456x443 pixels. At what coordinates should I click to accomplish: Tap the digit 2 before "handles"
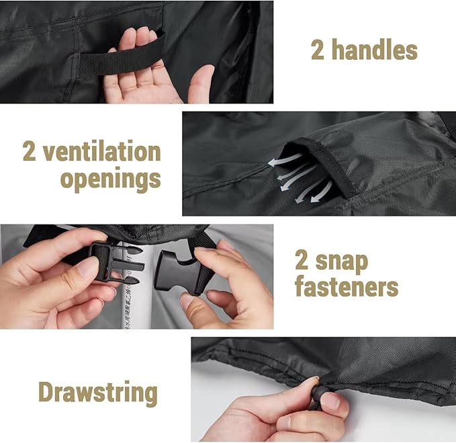(x=317, y=50)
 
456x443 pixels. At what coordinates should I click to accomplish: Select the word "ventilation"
(x=102, y=151)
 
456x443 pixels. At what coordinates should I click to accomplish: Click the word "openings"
(x=111, y=179)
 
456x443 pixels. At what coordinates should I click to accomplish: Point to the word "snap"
(x=342, y=261)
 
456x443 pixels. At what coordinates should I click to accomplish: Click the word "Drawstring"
(x=98, y=393)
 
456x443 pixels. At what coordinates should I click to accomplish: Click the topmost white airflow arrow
(x=285, y=161)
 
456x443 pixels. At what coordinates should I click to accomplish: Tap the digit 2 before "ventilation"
(x=29, y=151)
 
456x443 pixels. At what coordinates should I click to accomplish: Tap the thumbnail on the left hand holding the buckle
(x=86, y=268)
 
